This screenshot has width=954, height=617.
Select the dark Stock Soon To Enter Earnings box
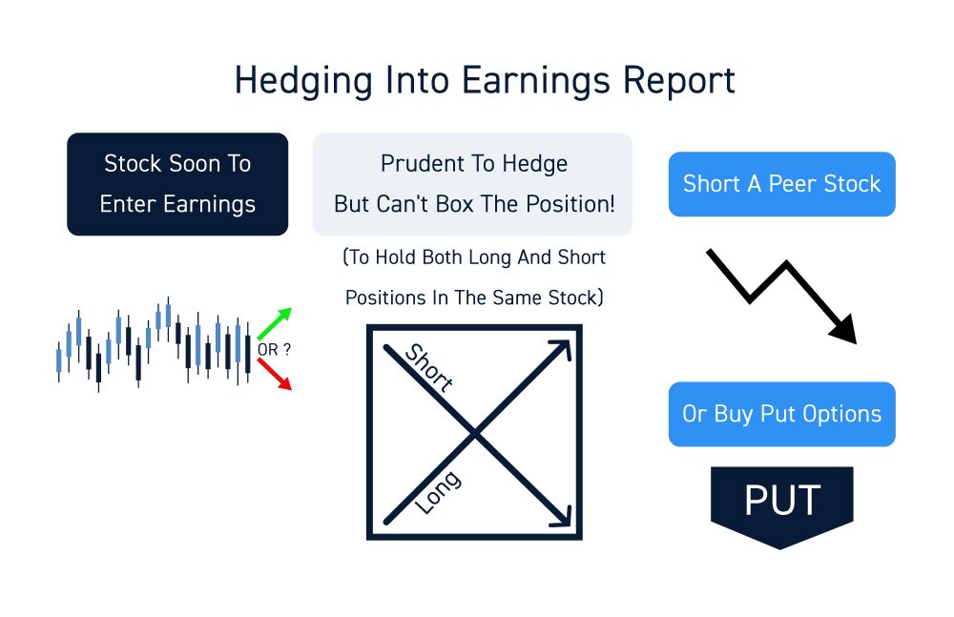(x=177, y=184)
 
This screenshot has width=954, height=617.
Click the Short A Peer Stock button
(x=782, y=184)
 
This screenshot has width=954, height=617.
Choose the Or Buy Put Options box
(x=782, y=415)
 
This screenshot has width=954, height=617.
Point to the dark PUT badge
(x=782, y=503)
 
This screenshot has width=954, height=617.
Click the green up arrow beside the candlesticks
(x=276, y=323)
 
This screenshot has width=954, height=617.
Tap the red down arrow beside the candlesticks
(x=276, y=375)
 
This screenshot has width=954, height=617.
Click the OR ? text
(x=274, y=350)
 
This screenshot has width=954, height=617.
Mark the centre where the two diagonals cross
(x=475, y=435)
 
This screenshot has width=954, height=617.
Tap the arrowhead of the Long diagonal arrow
(x=561, y=349)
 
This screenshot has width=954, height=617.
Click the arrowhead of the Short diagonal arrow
(x=561, y=518)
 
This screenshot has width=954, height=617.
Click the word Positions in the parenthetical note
(x=384, y=298)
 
